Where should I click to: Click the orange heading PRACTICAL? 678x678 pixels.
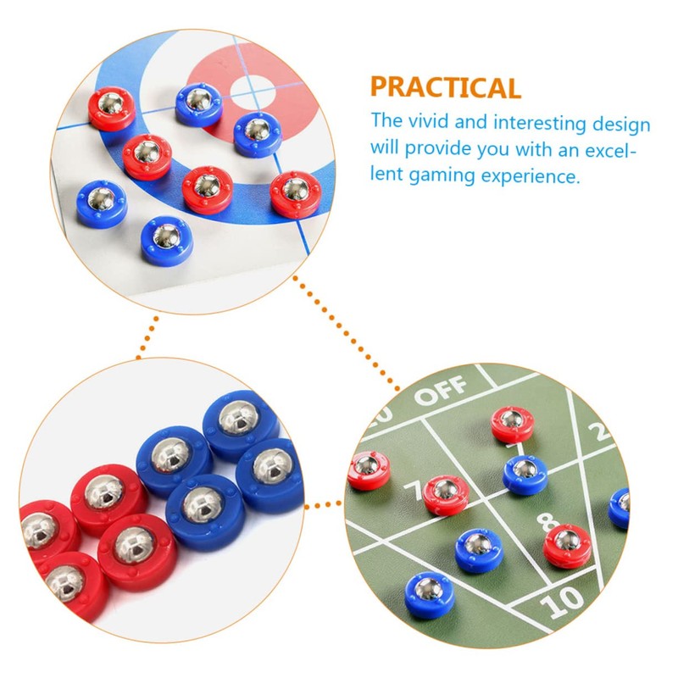coord(445,87)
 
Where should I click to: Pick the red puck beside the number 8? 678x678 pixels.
coord(565,544)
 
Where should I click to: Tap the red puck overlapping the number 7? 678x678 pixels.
coord(445,494)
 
